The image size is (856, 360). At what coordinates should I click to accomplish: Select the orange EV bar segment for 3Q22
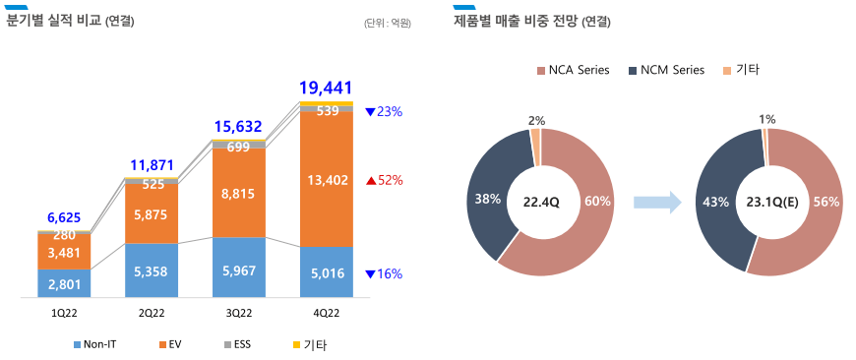(x=239, y=194)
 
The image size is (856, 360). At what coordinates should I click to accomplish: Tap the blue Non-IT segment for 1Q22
(x=64, y=284)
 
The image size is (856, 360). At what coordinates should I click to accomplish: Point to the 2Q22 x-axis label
(x=151, y=311)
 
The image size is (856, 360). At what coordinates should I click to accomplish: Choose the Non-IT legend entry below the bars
(x=96, y=344)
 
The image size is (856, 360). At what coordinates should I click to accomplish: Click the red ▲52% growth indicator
(x=385, y=180)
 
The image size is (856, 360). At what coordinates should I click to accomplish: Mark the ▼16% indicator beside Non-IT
(x=384, y=273)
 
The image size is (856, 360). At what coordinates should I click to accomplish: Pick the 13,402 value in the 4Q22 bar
(x=327, y=179)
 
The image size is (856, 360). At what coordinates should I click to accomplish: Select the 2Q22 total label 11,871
(x=152, y=164)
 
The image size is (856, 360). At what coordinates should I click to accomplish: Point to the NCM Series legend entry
(x=666, y=70)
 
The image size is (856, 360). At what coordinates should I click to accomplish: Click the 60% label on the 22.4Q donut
(x=598, y=202)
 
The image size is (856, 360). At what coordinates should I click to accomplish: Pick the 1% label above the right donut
(x=766, y=119)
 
